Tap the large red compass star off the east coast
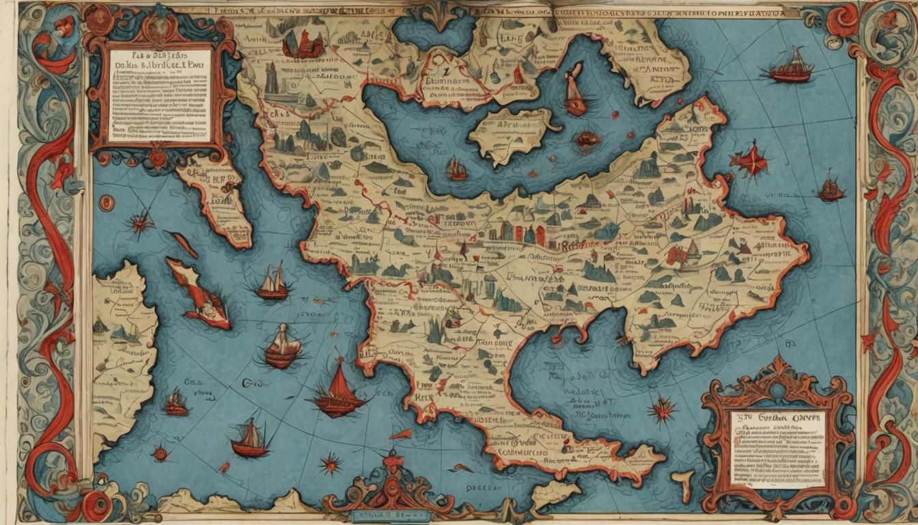(x=750, y=161)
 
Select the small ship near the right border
(x=831, y=189)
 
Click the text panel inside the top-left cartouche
(x=160, y=96)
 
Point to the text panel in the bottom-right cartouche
(x=777, y=448)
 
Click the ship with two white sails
(x=273, y=283)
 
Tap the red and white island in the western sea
(x=198, y=294)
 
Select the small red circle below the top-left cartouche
(x=106, y=202)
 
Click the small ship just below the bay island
(x=456, y=170)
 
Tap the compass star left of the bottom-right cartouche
(x=662, y=411)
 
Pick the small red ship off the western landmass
(x=177, y=403)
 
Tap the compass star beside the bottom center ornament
(x=330, y=464)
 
